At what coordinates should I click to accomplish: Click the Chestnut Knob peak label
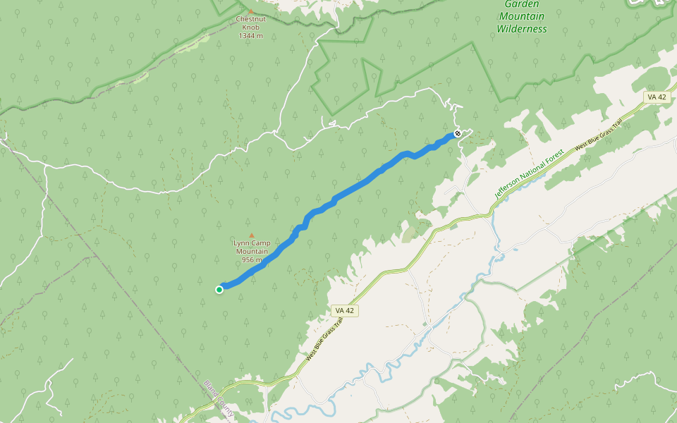coord(250,23)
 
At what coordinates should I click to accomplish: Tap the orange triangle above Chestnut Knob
coord(250,11)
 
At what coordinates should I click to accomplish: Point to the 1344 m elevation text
coord(250,35)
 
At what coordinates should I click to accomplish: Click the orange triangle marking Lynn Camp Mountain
coord(251,235)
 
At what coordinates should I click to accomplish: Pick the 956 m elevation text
coord(252,260)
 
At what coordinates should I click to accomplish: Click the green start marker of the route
coord(219,289)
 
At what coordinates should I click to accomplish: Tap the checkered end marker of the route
coord(458,133)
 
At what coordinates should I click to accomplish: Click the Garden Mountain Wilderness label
coord(522,16)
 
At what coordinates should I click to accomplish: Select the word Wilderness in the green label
coord(522,29)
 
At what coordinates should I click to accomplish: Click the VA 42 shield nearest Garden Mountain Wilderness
coord(656,97)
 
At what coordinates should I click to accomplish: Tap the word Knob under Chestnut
coord(250,27)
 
